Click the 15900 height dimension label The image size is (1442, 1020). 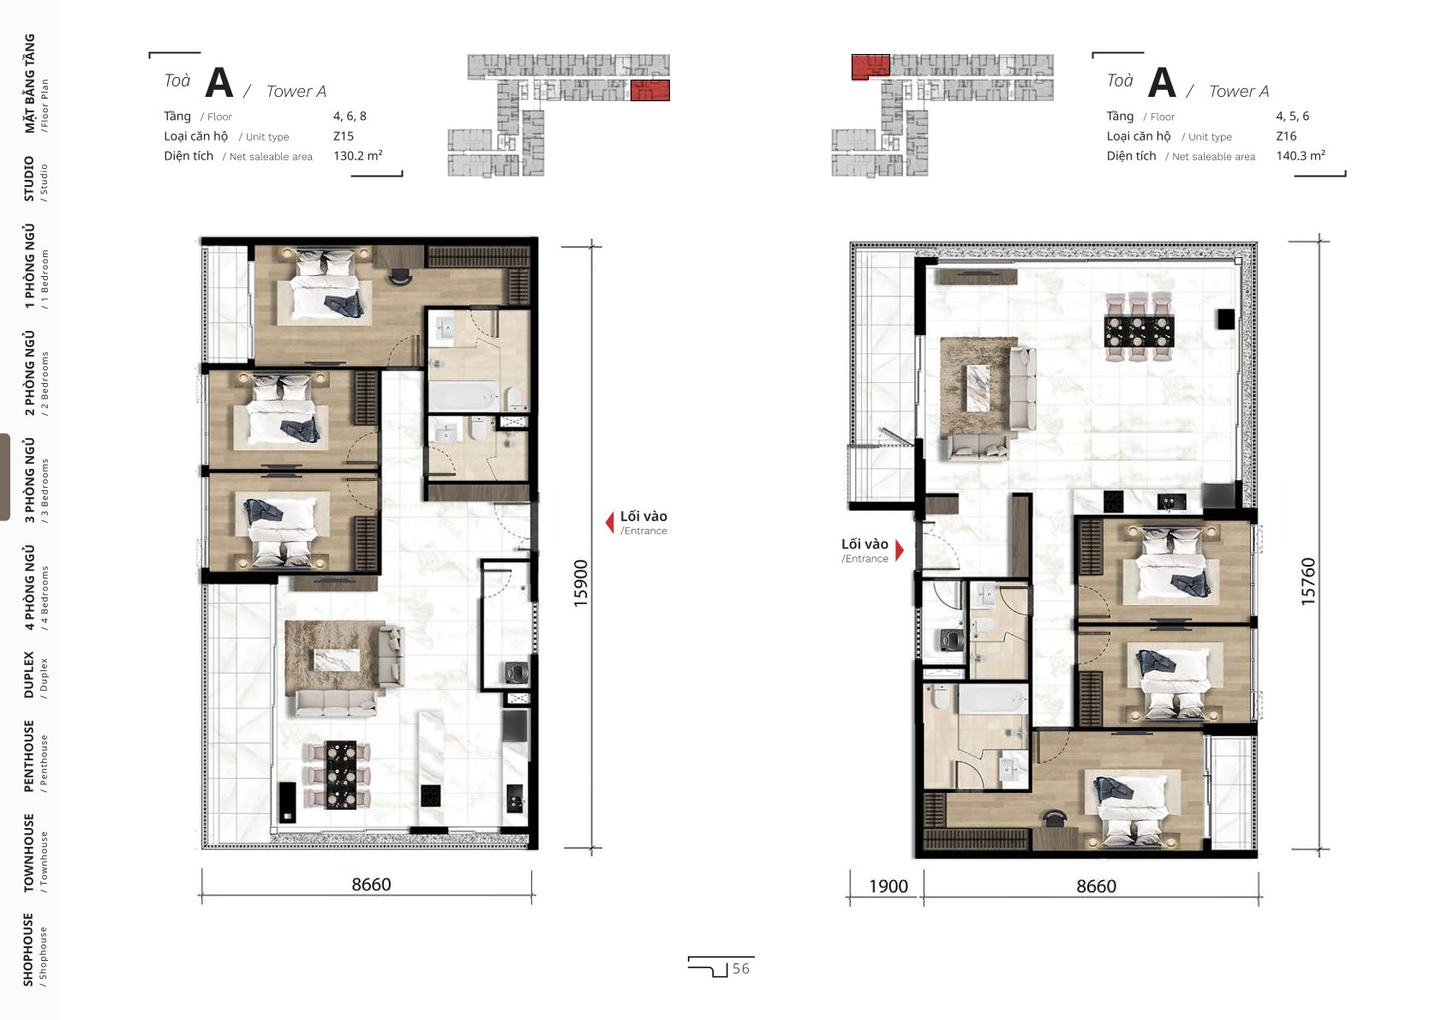(581, 584)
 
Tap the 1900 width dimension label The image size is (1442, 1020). (889, 886)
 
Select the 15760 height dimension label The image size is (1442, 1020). (1308, 581)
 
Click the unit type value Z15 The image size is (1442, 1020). (344, 136)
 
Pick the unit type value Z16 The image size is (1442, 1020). (1286, 136)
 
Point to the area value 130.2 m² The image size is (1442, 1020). (358, 155)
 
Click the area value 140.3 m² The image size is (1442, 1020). (1301, 155)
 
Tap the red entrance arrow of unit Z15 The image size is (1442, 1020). (610, 522)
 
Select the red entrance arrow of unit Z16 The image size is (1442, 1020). (900, 550)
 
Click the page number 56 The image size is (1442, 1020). (741, 969)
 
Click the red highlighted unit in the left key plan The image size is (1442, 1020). (650, 90)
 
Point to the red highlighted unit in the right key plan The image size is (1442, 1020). (871, 66)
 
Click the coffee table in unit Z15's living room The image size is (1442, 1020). (337, 660)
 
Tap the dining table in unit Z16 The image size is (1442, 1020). (1139, 331)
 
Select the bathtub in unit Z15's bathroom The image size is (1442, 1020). (464, 395)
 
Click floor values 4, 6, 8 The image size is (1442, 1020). (350, 117)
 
